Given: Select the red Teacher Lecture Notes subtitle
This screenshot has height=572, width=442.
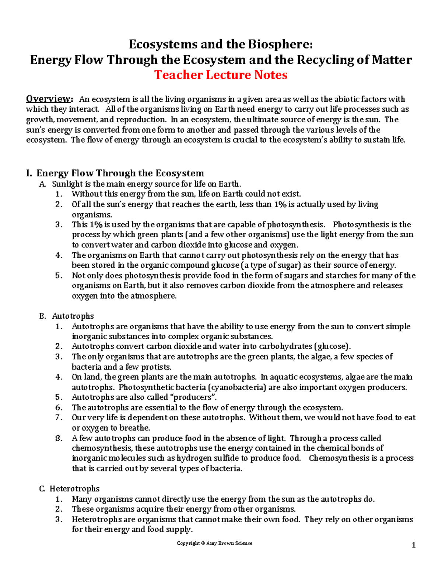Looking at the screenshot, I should [221, 75].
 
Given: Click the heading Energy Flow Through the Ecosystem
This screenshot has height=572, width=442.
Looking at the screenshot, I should [120, 173].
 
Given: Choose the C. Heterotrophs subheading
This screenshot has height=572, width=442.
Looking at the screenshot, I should [69, 489].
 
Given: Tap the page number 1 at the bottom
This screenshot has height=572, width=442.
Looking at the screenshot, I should [414, 545].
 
